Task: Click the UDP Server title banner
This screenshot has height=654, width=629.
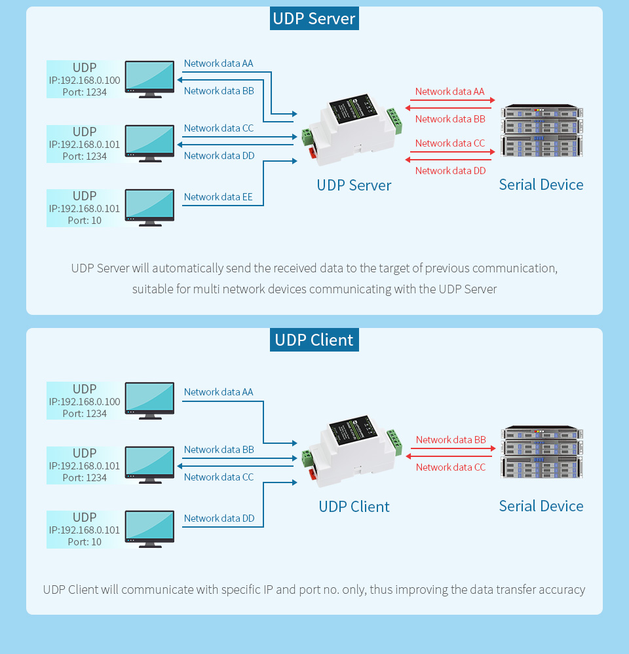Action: pos(314,18)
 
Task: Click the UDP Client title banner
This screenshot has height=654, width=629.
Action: pos(314,340)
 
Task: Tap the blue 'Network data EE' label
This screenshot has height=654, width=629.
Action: pos(218,197)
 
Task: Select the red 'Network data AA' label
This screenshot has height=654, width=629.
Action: pos(449,92)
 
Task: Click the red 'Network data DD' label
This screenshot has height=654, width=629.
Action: pos(451,171)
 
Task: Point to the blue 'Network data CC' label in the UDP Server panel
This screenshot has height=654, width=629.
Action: pos(218,128)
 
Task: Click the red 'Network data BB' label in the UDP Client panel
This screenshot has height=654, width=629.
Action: pos(451,440)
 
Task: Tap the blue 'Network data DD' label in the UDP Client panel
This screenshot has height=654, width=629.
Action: pos(219,518)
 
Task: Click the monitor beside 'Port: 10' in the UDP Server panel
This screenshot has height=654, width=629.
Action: pos(150,206)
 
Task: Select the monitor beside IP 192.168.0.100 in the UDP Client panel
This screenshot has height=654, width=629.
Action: pos(150,399)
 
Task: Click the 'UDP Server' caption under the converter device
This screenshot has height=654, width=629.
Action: pos(354,185)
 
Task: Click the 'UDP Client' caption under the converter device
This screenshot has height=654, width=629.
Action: pos(354,507)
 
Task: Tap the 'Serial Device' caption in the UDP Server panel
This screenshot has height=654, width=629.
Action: pos(541,185)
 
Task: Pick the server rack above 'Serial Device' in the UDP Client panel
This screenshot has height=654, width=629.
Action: pos(542,453)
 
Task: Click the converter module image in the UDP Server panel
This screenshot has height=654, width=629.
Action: pos(352,131)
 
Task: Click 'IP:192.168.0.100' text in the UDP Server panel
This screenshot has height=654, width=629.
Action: pos(85,80)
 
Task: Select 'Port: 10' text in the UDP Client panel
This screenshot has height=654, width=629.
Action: pos(85,542)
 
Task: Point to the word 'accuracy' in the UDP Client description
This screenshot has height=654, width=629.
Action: pos(562,590)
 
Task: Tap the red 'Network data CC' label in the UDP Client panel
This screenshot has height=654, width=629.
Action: pos(451,467)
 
